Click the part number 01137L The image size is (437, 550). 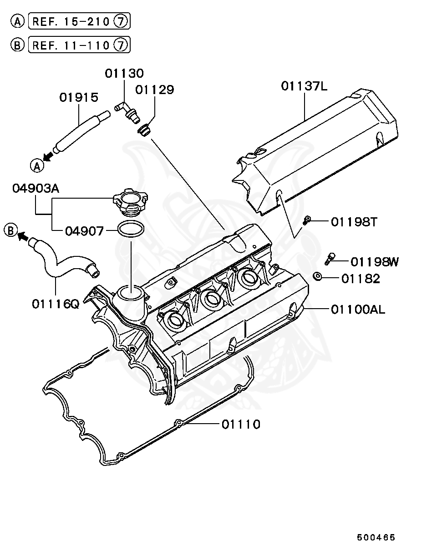pos(304,86)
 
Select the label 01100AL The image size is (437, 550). pos(358,310)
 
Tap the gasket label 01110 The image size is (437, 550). pos(241,425)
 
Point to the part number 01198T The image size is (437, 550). pos(354,222)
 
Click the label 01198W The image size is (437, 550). pos(374,262)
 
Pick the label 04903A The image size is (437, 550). pos(36,189)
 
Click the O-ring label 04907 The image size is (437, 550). pos(84,231)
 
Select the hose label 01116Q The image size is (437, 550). pos(55,303)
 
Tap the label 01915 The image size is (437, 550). pos(79,97)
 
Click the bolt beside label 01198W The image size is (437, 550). pos(330,259)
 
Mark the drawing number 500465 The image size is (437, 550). pos(376,537)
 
